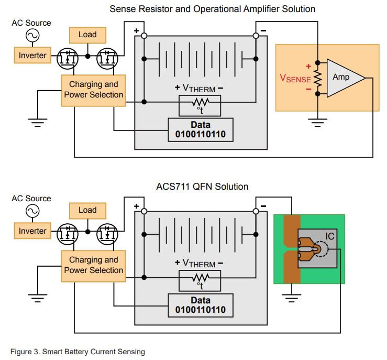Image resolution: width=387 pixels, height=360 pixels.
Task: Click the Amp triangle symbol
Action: pos(343,78)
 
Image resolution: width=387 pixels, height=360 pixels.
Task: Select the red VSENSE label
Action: pos(295,78)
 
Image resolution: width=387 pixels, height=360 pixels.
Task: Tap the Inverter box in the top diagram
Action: pos(32,56)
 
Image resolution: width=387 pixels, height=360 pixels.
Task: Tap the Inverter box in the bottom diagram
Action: pos(32,231)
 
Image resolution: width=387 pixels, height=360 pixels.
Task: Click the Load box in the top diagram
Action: pos(87,35)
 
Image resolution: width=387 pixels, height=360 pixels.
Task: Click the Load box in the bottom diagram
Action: pos(87,210)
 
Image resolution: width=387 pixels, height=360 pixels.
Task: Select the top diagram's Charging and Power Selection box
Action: pos(93,90)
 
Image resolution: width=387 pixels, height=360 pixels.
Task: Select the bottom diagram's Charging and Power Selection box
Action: pos(93,265)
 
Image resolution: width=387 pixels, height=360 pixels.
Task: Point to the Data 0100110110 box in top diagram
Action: pos(201,130)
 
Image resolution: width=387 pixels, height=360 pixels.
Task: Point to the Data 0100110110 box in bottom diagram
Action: pos(201,304)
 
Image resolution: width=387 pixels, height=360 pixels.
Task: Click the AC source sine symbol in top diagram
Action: pos(30,35)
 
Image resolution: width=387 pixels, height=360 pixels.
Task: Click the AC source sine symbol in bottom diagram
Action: pos(30,211)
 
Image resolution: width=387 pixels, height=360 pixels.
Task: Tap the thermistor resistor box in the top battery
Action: pos(200,105)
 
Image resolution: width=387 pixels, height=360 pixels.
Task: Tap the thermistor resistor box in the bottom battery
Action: pos(200,281)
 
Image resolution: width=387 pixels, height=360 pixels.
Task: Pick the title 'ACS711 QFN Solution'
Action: pos(202,187)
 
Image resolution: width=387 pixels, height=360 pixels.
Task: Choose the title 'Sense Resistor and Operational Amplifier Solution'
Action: pos(212,9)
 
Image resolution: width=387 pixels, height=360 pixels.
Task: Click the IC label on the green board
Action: pos(329,237)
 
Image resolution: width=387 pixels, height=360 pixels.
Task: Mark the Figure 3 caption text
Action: pos(78,352)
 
